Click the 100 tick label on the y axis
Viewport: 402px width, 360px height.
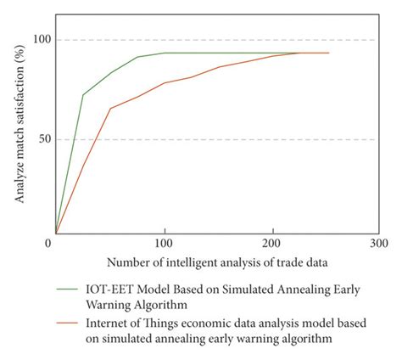click(42, 40)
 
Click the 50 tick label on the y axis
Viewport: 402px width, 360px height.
click(44, 139)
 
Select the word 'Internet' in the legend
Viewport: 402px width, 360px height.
click(107, 323)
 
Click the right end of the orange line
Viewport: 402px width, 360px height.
click(328, 53)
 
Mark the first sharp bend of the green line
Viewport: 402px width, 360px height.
click(82, 94)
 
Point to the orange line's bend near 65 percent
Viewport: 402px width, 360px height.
click(110, 108)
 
